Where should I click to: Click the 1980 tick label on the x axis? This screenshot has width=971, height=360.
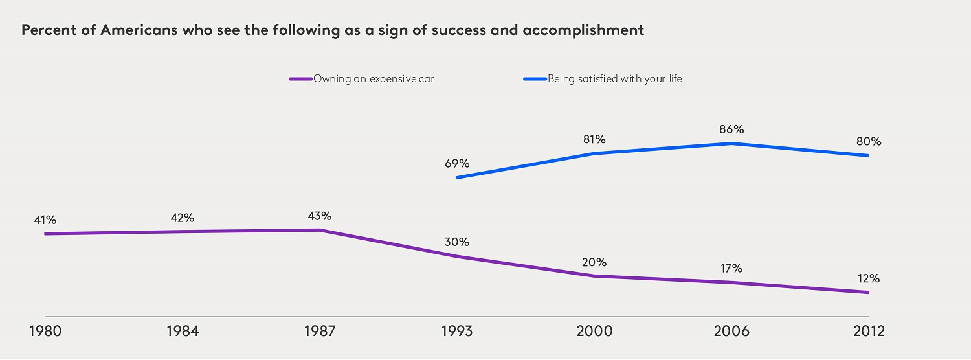[45, 332]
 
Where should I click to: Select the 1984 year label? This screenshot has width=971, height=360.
[183, 332]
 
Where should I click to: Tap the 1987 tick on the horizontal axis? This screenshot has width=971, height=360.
[320, 332]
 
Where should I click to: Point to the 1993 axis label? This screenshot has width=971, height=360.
[457, 332]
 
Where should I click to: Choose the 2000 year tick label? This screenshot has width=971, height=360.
[594, 332]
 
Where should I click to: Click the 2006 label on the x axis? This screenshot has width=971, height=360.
[731, 332]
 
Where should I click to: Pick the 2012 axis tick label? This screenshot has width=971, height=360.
[869, 332]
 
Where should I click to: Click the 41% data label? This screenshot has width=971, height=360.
[45, 220]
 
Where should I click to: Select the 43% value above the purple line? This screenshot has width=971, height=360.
[320, 216]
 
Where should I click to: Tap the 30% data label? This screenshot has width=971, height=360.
[457, 242]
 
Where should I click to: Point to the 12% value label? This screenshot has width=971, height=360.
[869, 278]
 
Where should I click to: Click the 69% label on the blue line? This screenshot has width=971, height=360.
[457, 163]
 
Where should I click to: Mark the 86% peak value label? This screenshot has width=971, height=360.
[731, 129]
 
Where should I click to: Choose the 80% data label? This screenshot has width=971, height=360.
[869, 141]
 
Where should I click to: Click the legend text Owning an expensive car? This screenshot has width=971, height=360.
[374, 79]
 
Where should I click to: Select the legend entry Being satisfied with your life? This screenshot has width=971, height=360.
[615, 79]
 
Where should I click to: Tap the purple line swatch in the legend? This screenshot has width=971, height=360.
[301, 79]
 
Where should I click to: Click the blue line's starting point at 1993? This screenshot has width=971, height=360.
[457, 177]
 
